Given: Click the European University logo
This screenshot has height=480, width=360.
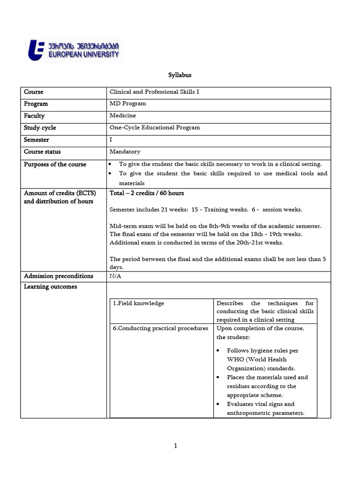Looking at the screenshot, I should coord(74,50).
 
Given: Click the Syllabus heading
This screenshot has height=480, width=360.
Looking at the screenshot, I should coord(180,75).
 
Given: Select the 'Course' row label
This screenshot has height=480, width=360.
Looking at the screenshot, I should coord(34,92).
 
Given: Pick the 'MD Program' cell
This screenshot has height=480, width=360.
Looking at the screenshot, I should coord(127,104).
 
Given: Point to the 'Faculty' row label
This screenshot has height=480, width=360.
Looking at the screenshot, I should coord(34,116).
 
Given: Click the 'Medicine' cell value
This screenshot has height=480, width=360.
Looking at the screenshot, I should coord(123,115).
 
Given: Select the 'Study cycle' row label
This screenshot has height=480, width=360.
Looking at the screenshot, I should coord(40,127).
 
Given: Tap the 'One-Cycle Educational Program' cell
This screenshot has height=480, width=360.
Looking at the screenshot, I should coord(155,127).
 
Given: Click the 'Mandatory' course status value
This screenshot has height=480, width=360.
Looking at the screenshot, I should coord(125,151).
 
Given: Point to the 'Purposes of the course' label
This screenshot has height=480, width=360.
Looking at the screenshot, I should coord(55,164).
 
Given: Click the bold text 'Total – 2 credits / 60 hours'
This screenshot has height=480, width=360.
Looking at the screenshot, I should coord(147,193).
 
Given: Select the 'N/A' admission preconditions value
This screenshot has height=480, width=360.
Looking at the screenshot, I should coord(115,276).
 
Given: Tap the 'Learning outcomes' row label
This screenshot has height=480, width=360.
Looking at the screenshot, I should coord(50,286).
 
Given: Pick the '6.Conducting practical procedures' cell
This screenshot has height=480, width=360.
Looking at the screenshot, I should coord(160,328).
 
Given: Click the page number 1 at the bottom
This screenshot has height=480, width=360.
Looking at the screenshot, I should coord(175,446).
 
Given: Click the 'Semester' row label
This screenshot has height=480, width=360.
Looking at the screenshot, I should coord(37,140).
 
